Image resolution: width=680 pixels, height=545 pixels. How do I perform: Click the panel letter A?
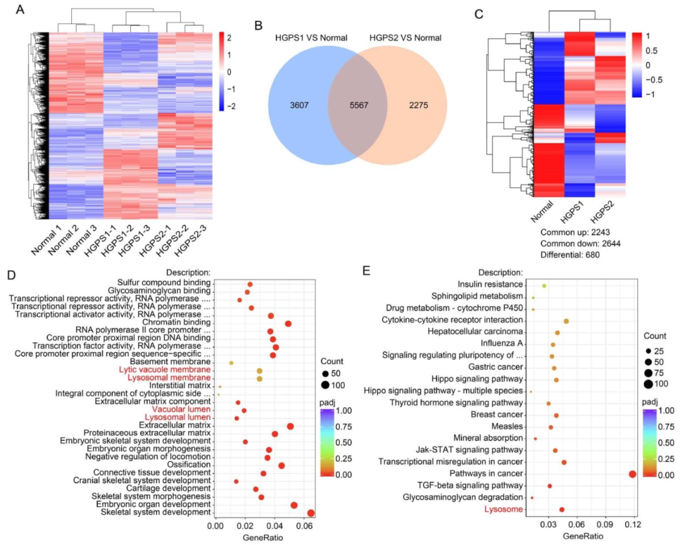coord(21,10)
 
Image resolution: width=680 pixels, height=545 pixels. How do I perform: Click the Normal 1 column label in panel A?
coord(44,238)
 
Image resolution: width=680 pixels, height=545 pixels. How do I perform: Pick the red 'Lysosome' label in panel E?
coord(503,509)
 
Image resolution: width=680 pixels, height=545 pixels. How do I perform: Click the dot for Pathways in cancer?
coord(632,474)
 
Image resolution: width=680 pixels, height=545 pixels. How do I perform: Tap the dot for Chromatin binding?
coord(288,323)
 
